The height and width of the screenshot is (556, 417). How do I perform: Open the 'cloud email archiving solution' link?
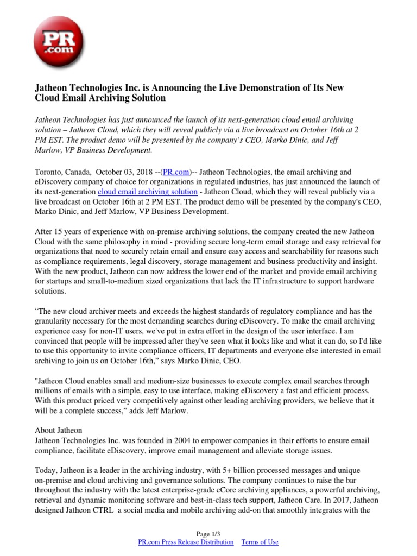tap(147, 192)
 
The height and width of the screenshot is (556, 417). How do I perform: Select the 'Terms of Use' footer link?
tap(260, 542)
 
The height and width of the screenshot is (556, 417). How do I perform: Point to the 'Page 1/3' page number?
tap(208, 534)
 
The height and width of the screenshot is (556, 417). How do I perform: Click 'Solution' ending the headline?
tap(146, 98)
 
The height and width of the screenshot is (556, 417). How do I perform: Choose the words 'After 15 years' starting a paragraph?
tap(59, 231)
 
